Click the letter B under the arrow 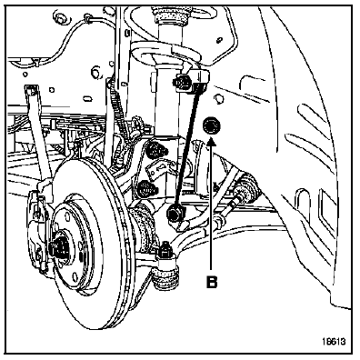pyautogui.click(x=212, y=282)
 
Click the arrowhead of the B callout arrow pyautogui.click(x=211, y=141)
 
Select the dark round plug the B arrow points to pyautogui.click(x=211, y=125)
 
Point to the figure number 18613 pyautogui.click(x=334, y=342)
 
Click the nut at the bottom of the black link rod pyautogui.click(x=174, y=213)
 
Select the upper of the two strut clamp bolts pyautogui.click(x=155, y=149)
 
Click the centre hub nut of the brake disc pyautogui.click(x=57, y=246)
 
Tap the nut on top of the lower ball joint pyautogui.click(x=165, y=250)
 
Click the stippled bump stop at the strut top pyautogui.click(x=169, y=15)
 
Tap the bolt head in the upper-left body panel pyautogui.click(x=60, y=16)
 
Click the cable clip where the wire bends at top pyautogui.click(x=88, y=18)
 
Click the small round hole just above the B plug pyautogui.click(x=219, y=99)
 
